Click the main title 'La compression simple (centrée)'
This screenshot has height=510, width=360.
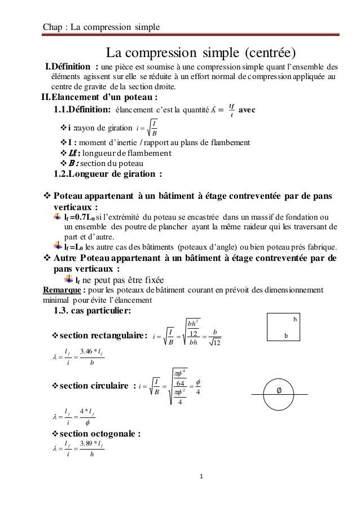(201, 54)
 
